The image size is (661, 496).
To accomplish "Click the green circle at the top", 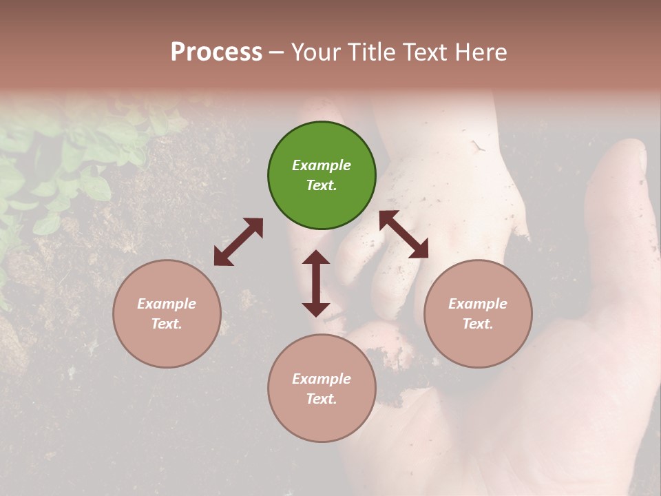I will pyautogui.click(x=322, y=176).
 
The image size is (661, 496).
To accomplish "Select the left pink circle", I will pyautogui.click(x=167, y=313).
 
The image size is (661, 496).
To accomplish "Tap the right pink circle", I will pyautogui.click(x=477, y=313).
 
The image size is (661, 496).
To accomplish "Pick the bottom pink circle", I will pyautogui.click(x=322, y=389).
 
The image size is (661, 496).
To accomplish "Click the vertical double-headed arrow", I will pyautogui.click(x=316, y=283).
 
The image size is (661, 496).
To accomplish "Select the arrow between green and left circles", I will pyautogui.click(x=238, y=242).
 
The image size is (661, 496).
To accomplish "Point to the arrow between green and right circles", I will pyautogui.click(x=404, y=234).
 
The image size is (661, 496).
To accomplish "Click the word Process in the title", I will pyautogui.click(x=216, y=52).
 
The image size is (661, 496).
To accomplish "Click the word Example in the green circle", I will pyautogui.click(x=322, y=165).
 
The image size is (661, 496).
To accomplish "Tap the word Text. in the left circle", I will pyautogui.click(x=167, y=324).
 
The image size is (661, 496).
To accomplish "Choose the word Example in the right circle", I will pyautogui.click(x=477, y=304).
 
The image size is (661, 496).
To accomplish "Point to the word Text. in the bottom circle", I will pyautogui.click(x=322, y=399).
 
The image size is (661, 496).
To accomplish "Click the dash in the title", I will pyautogui.click(x=277, y=52).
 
